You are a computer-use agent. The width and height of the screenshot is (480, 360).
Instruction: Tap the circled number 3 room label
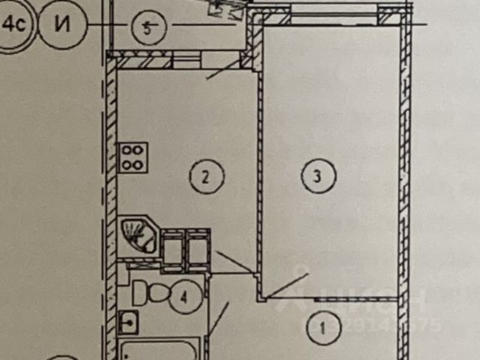pos(318,177)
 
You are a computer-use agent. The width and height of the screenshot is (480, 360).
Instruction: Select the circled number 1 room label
pos(323,327)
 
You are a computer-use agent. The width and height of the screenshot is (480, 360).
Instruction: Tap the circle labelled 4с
pos(13,24)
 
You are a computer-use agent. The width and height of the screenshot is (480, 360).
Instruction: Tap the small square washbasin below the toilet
pos(128,322)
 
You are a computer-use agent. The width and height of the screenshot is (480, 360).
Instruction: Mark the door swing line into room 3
pos(287,286)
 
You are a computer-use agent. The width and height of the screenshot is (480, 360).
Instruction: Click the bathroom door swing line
pos(218,319)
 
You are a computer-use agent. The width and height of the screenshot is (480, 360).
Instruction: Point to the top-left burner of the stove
pos(128,150)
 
